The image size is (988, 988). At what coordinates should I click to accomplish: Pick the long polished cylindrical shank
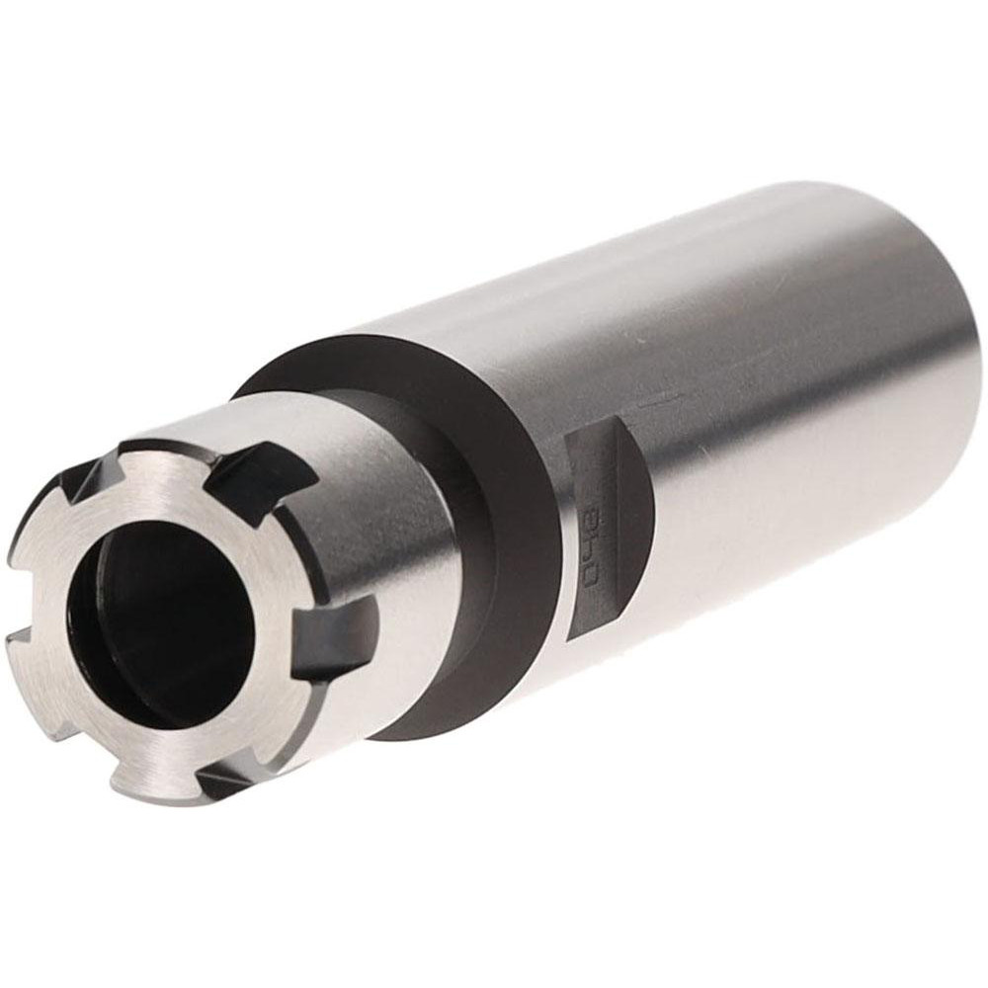pos(771,395)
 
